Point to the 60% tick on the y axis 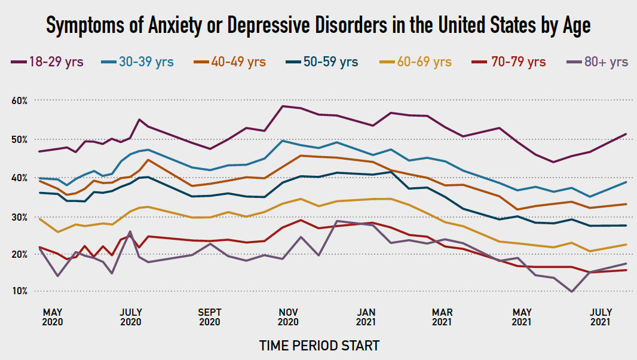tap(20, 100)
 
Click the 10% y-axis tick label tap(20, 291)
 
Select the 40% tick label tap(20, 178)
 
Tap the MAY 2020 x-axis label tap(54, 317)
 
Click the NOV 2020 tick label tap(288, 317)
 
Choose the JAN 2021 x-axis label tap(366, 317)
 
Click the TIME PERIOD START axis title tap(318, 346)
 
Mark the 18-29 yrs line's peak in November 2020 tap(283, 106)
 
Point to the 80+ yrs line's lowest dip tap(572, 292)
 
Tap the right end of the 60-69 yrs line tap(626, 245)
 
